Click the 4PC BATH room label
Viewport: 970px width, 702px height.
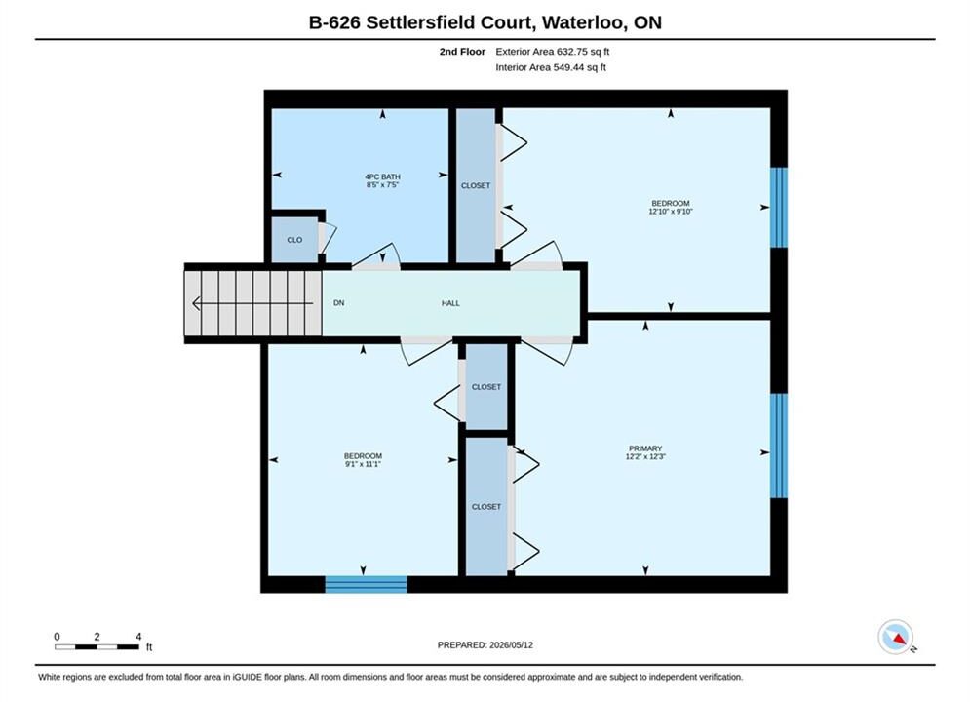pos(382,176)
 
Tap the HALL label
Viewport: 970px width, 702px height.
pos(450,303)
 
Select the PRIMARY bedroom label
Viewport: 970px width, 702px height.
pos(645,448)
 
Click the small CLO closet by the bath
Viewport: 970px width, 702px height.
pos(294,240)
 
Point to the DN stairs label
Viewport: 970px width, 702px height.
pos(338,303)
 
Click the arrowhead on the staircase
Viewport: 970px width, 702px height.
pos(197,303)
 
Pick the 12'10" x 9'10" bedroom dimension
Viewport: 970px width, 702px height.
pos(671,211)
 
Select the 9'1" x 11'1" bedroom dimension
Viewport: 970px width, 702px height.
pos(363,464)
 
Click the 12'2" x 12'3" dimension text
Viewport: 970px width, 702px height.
pos(645,456)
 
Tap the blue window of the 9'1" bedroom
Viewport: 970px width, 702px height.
pos(367,584)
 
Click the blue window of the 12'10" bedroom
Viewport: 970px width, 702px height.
pos(780,208)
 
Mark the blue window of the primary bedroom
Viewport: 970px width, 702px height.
pos(780,446)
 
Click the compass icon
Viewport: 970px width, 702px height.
pos(896,637)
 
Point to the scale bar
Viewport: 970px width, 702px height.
pos(97,647)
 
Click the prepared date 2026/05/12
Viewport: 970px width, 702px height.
pos(511,645)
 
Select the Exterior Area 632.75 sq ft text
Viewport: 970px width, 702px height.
pos(553,52)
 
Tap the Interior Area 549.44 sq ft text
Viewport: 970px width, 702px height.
pos(551,67)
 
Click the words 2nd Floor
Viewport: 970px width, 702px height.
pos(462,52)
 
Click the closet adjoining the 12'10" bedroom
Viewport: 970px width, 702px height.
pos(476,185)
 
